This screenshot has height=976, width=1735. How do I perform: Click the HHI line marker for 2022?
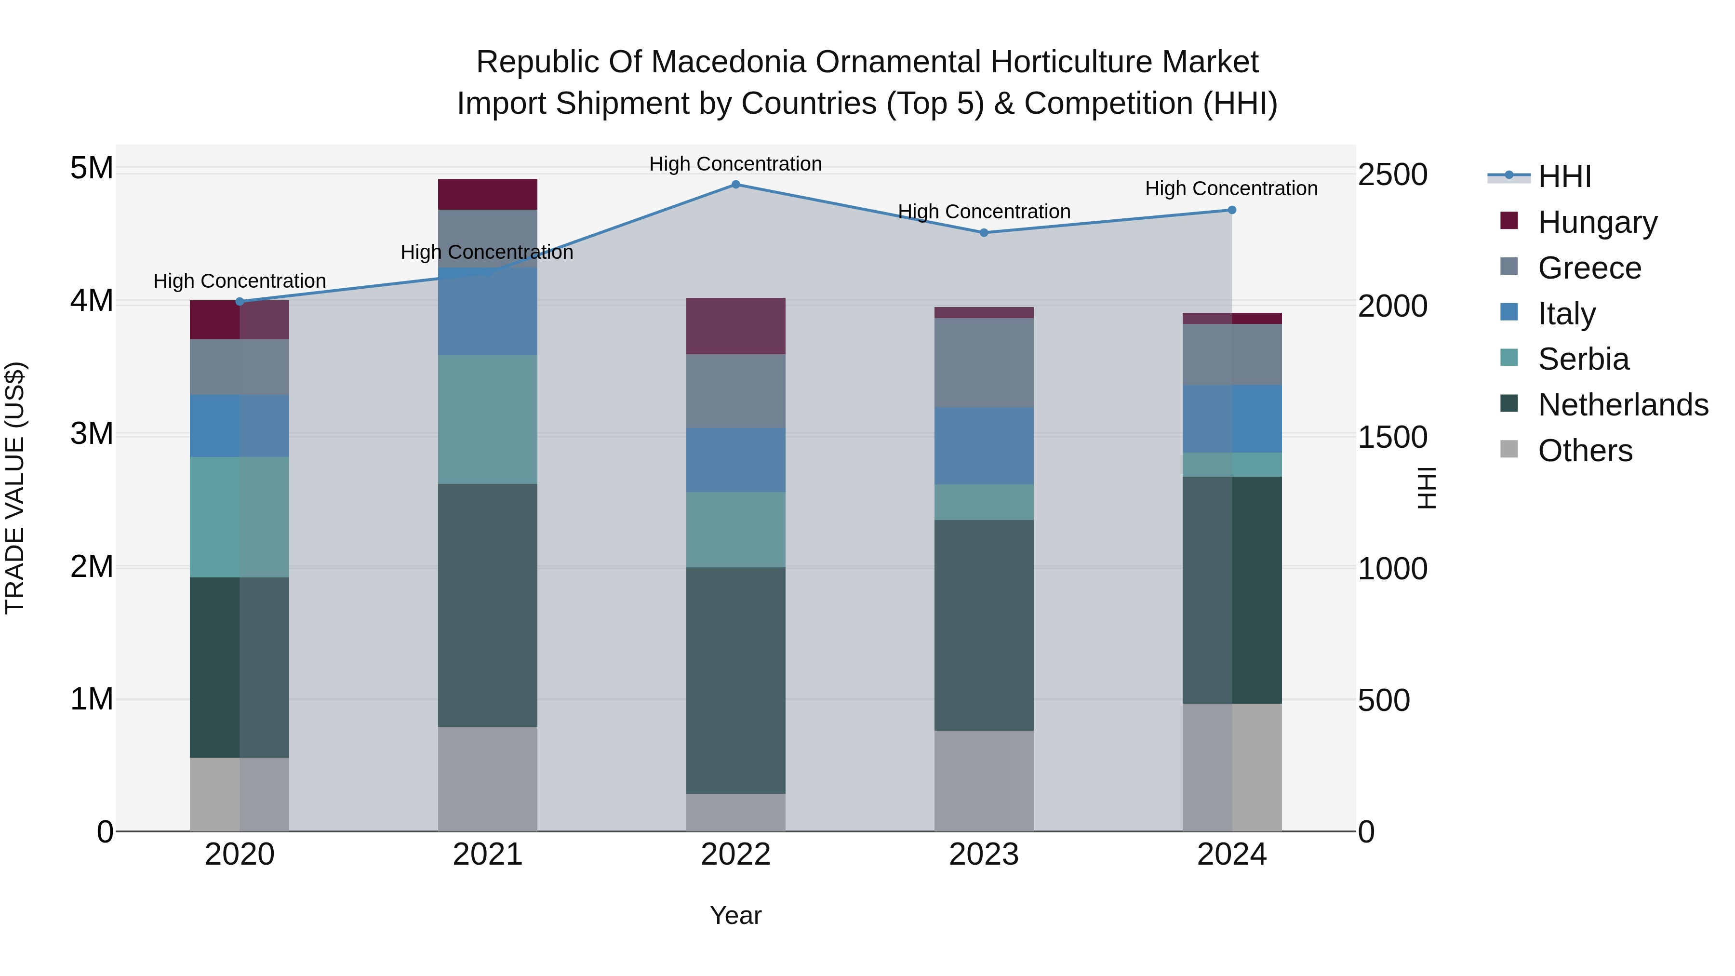(735, 185)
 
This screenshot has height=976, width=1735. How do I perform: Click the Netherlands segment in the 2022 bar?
(735, 680)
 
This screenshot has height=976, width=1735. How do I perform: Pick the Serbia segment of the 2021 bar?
(488, 419)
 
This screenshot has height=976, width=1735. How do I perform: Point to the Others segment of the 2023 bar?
(983, 781)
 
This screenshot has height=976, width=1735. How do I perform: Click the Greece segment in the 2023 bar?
(983, 362)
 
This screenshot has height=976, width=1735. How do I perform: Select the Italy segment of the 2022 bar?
(735, 460)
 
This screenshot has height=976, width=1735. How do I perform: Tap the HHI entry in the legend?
(1564, 176)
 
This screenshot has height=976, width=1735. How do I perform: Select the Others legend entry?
(1585, 451)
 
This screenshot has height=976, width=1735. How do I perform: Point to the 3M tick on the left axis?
(92, 434)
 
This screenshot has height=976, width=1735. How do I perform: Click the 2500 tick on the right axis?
(1392, 174)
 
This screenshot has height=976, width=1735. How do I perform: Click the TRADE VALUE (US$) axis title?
(15, 488)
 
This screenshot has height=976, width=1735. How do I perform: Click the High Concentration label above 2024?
(1231, 188)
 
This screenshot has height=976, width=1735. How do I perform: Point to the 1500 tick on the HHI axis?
(1392, 437)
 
